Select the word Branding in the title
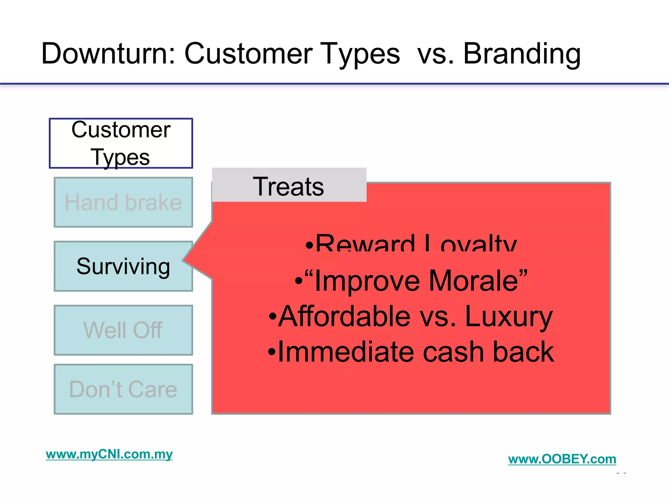tap(522, 54)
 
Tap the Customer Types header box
tap(121, 143)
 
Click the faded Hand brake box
tap(123, 202)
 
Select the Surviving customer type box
tap(123, 266)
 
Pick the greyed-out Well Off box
tap(123, 330)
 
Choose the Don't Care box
tap(123, 389)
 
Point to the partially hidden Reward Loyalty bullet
tap(411, 243)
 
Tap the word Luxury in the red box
tap(508, 316)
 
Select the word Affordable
tap(344, 316)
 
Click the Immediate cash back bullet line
tap(411, 352)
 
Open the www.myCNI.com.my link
tap(109, 454)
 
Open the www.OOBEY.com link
tap(562, 459)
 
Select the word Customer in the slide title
tap(248, 54)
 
